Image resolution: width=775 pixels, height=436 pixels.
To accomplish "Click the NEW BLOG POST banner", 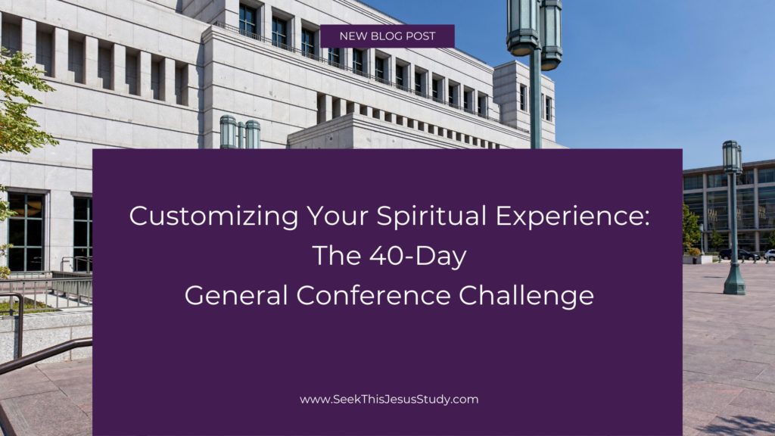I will click(x=387, y=36).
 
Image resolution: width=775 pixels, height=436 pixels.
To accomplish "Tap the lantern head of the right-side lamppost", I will click(x=732, y=157).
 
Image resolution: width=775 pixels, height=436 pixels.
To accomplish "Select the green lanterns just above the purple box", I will click(x=239, y=132).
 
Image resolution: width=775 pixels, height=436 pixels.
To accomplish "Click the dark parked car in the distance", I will click(x=737, y=254).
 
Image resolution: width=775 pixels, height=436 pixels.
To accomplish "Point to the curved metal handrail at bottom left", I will click(x=38, y=356).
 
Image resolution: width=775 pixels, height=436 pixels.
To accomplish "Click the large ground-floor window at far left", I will click(x=26, y=231).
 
